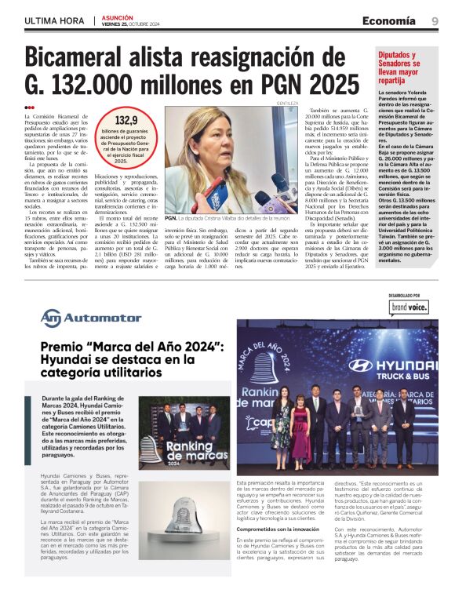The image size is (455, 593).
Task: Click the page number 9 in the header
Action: [x=435, y=21]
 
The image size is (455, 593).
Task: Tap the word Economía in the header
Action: [x=389, y=21]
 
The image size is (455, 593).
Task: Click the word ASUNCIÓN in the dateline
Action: [x=118, y=17]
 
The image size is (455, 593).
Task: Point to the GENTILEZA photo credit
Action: [x=287, y=103]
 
